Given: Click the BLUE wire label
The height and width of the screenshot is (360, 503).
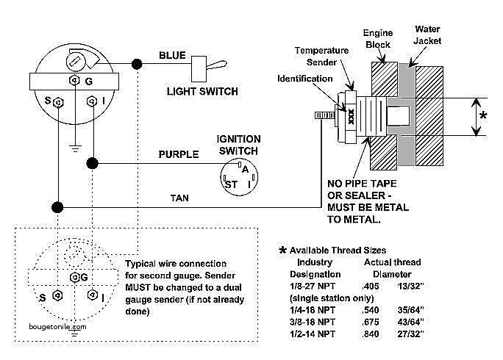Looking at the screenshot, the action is pos(172,55).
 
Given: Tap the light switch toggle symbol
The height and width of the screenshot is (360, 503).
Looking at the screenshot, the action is pos(209,68).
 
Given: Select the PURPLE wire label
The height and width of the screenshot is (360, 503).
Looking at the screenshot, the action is pos(179,154).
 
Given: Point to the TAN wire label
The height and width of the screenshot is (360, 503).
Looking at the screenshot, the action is pos(179,198).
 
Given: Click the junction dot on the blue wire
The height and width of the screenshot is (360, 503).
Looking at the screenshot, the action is pos(137,64).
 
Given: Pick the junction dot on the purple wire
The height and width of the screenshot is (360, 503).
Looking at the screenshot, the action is pos(93,164).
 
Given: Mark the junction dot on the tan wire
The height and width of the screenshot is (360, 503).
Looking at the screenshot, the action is pos(57,207).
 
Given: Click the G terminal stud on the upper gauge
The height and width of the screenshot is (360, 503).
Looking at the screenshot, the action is pos(74,80).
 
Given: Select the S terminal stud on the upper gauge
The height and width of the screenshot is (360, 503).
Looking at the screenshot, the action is pos(58,103).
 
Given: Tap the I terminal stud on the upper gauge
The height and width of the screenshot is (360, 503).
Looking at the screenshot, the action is pos(92,101).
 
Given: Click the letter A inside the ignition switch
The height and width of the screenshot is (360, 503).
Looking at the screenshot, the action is pos(245,169).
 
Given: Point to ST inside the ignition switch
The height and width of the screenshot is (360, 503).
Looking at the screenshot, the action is pos(231,184).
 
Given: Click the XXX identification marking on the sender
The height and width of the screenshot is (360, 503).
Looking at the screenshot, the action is pos(351,117).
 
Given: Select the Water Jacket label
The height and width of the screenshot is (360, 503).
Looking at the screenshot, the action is pos(427,35).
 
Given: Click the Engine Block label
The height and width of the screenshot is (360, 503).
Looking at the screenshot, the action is pos(378,39).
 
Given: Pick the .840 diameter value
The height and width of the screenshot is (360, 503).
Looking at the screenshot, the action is pos(371,334).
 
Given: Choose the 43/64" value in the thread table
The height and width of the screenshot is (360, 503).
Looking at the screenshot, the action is pos(410,322).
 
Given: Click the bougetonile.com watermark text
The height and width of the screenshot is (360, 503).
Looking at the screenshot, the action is pos(58,327).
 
